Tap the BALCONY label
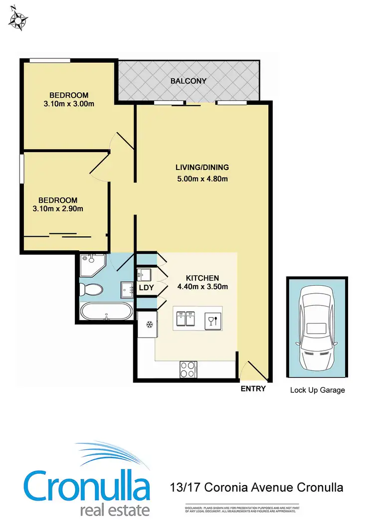click(188, 81)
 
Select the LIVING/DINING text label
click(202, 168)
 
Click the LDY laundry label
click(146, 288)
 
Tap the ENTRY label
click(253, 389)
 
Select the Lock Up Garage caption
click(317, 390)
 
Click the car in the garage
click(317, 329)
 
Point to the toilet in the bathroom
click(91, 289)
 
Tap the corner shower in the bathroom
click(91, 265)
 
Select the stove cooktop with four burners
click(187, 369)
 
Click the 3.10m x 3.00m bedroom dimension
click(69, 104)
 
